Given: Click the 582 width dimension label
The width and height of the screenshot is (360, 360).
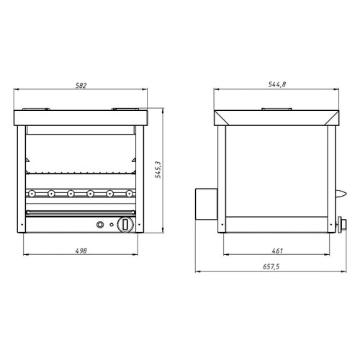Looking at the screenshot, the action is [x=81, y=85].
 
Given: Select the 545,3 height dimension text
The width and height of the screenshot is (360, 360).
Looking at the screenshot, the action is [x=158, y=169].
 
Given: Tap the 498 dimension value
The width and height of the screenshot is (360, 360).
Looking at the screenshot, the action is [x=81, y=251].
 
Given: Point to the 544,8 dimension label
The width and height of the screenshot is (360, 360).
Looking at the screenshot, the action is [x=277, y=84].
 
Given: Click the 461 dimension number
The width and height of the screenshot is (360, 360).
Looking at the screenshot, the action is [x=277, y=251].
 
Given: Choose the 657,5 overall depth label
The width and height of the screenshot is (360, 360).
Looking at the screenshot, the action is [x=271, y=266].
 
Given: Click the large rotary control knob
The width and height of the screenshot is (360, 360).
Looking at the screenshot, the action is [x=125, y=225].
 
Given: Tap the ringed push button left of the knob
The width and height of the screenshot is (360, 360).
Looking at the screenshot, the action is [x=100, y=225].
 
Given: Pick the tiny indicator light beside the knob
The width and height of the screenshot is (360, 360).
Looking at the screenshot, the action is [x=112, y=225].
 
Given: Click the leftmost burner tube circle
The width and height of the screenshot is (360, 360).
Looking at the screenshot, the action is [x=31, y=193].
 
